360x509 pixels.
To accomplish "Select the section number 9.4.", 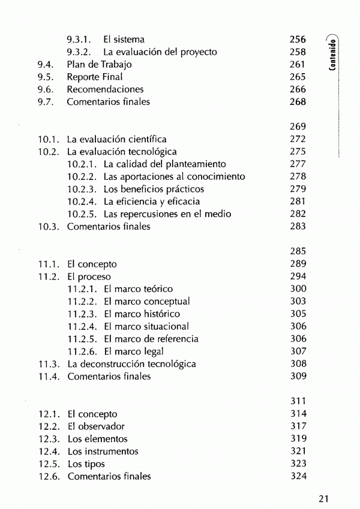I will click(45, 64).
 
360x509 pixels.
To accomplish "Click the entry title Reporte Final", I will click(94, 77).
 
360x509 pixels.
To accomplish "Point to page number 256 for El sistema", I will click(298, 39).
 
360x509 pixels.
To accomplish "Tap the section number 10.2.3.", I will click(82, 189).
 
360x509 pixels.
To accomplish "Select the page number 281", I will click(298, 201).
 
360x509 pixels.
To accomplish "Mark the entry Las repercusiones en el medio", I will click(167, 214).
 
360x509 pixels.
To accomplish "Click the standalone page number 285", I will click(298, 251).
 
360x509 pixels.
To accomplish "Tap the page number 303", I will click(298, 301).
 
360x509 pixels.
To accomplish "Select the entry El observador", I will click(96, 426).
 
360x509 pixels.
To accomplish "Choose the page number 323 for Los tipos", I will click(298, 464).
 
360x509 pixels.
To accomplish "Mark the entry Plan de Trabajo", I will click(99, 64).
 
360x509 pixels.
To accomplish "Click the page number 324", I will click(298, 477).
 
